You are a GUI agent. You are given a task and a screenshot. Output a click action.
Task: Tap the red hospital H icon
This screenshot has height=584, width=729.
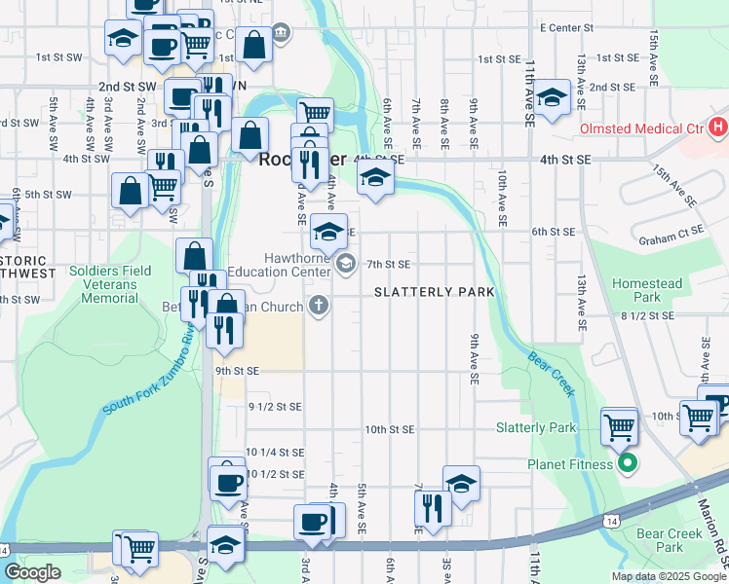[x=718, y=127]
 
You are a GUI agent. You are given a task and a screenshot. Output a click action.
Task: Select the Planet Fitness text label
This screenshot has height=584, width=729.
[x=568, y=464]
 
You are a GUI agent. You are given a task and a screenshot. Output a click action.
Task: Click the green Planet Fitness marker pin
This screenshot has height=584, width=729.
[x=628, y=464]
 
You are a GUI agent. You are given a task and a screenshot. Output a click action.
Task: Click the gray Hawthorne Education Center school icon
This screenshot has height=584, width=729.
[x=345, y=264]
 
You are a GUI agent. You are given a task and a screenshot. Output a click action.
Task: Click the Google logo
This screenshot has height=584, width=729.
[x=32, y=572]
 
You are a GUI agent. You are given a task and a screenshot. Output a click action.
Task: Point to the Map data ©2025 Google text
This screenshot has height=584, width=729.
[x=668, y=576]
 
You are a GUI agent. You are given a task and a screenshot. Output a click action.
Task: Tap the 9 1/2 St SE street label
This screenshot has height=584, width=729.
[x=275, y=406]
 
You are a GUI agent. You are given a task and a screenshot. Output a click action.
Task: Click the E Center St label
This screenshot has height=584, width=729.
[x=566, y=28]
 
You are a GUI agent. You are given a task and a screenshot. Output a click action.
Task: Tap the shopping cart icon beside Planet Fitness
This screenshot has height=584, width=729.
[x=620, y=424]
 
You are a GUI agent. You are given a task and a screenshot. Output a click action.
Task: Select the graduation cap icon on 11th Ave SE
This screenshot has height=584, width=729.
[x=552, y=97]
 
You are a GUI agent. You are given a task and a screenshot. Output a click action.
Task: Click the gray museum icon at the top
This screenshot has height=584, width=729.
[x=282, y=34]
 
